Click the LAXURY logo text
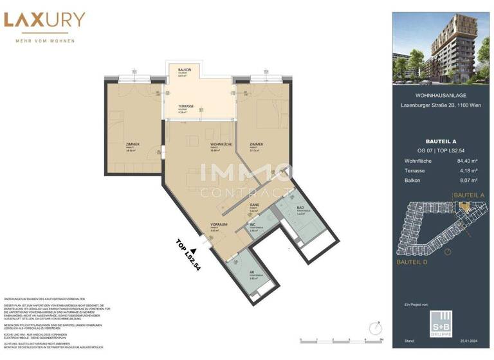click(44, 20)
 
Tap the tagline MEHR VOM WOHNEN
click(44, 41)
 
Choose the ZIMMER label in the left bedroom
click(133, 145)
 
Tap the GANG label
click(254, 205)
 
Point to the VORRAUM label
click(219, 225)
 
